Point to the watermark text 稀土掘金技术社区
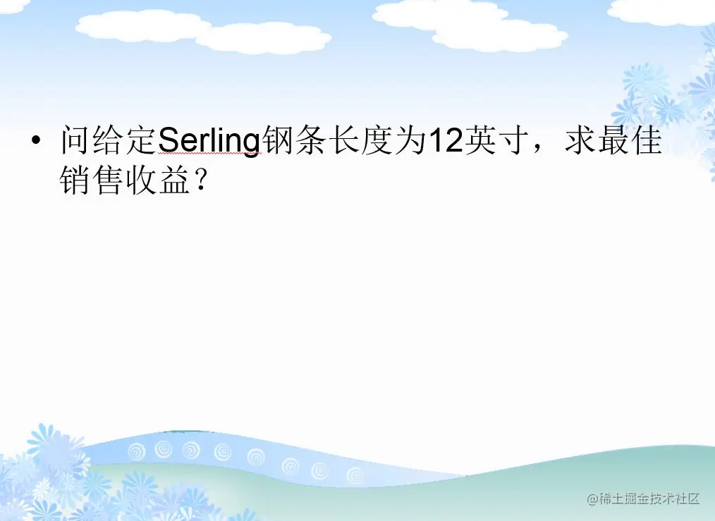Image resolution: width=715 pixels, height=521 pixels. (649, 499)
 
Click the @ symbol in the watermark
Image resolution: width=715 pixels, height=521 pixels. (592, 499)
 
